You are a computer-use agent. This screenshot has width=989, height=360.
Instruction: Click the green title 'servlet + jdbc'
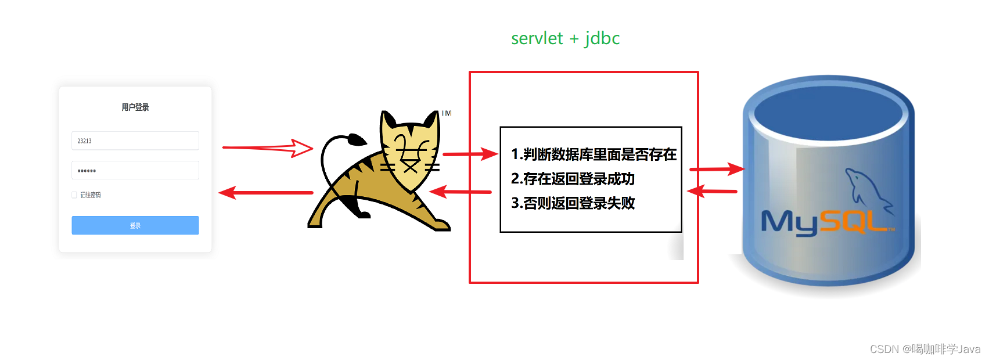[565, 38]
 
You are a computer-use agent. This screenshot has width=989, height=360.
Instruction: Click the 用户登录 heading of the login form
[135, 107]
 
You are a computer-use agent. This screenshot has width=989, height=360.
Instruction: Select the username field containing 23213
[135, 141]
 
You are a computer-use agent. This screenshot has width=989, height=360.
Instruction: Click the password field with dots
[135, 170]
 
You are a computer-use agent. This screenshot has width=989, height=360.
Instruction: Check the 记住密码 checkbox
[74, 195]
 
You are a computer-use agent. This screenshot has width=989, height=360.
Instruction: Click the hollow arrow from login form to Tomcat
[268, 148]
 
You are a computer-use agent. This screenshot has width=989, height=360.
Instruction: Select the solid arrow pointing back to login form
[266, 192]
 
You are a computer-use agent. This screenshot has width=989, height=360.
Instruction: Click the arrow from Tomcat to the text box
[470, 154]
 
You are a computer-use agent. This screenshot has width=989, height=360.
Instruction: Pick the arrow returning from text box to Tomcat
[461, 191]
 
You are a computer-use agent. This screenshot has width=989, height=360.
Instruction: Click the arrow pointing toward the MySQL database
[716, 169]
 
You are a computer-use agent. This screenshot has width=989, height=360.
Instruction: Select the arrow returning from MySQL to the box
[712, 190]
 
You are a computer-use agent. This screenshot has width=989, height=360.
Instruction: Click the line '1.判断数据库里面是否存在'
[594, 154]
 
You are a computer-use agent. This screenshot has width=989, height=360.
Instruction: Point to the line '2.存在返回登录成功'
[573, 179]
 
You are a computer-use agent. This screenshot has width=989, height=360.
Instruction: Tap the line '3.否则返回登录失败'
[573, 203]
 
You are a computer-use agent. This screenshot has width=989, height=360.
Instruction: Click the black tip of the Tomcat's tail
[356, 139]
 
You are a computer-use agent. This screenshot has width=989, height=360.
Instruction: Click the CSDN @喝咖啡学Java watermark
[925, 349]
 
